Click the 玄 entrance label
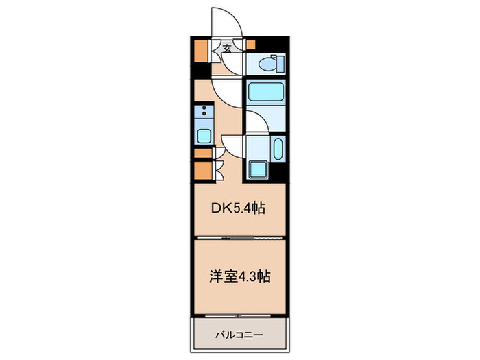226,48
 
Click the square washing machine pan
259,168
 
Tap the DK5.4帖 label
239,207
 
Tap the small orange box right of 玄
250,46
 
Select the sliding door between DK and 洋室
239,237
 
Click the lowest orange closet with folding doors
202,169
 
